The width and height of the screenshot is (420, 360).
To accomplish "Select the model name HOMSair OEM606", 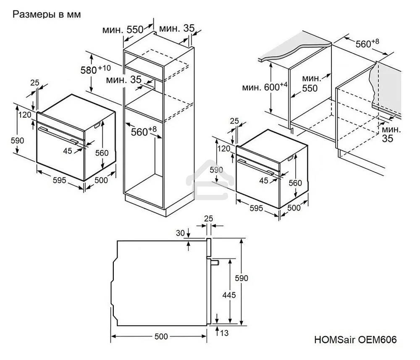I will point(354,339).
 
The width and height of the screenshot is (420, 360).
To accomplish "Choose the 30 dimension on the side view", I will point(180,234).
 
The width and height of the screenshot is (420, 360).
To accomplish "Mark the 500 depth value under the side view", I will point(161,336).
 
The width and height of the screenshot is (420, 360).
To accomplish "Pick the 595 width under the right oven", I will point(256,208).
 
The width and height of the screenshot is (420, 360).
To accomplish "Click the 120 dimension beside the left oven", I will point(25,115).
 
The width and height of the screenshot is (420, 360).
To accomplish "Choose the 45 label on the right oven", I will point(264,181).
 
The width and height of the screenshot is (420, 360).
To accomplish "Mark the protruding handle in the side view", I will point(215,262).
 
